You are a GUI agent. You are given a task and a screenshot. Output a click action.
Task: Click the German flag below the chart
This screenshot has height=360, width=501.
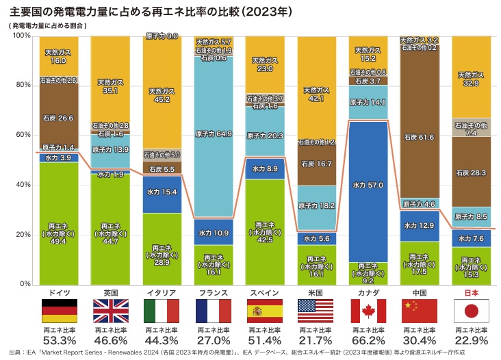tap(60, 311)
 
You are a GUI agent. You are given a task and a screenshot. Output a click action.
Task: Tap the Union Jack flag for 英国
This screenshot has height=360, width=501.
tap(111, 311)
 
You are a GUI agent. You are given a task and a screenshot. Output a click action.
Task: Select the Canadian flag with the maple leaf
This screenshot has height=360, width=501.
tap(369, 311)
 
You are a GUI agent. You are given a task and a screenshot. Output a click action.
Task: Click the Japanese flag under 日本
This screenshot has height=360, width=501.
tap(472, 311)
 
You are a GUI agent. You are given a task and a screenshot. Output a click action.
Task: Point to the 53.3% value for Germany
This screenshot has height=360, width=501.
tap(60, 340)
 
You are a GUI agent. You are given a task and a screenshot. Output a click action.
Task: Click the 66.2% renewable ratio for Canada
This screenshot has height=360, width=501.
tap(369, 340)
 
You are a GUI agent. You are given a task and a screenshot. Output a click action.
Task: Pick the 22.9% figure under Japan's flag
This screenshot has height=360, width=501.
tap(472, 340)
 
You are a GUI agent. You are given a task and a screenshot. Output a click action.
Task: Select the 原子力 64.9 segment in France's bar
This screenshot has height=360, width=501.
tap(214, 134)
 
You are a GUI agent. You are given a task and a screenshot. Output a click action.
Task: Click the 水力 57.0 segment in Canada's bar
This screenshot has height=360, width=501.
tap(369, 185)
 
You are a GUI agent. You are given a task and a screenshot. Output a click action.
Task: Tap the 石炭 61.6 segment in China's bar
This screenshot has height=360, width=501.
tap(420, 137)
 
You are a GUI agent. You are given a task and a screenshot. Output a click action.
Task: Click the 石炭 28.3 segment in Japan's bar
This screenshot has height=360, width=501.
tap(472, 172)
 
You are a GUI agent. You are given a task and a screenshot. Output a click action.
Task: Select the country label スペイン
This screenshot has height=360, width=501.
tap(266, 292)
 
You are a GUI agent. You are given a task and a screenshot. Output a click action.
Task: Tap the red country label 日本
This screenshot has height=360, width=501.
tap(472, 292)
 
